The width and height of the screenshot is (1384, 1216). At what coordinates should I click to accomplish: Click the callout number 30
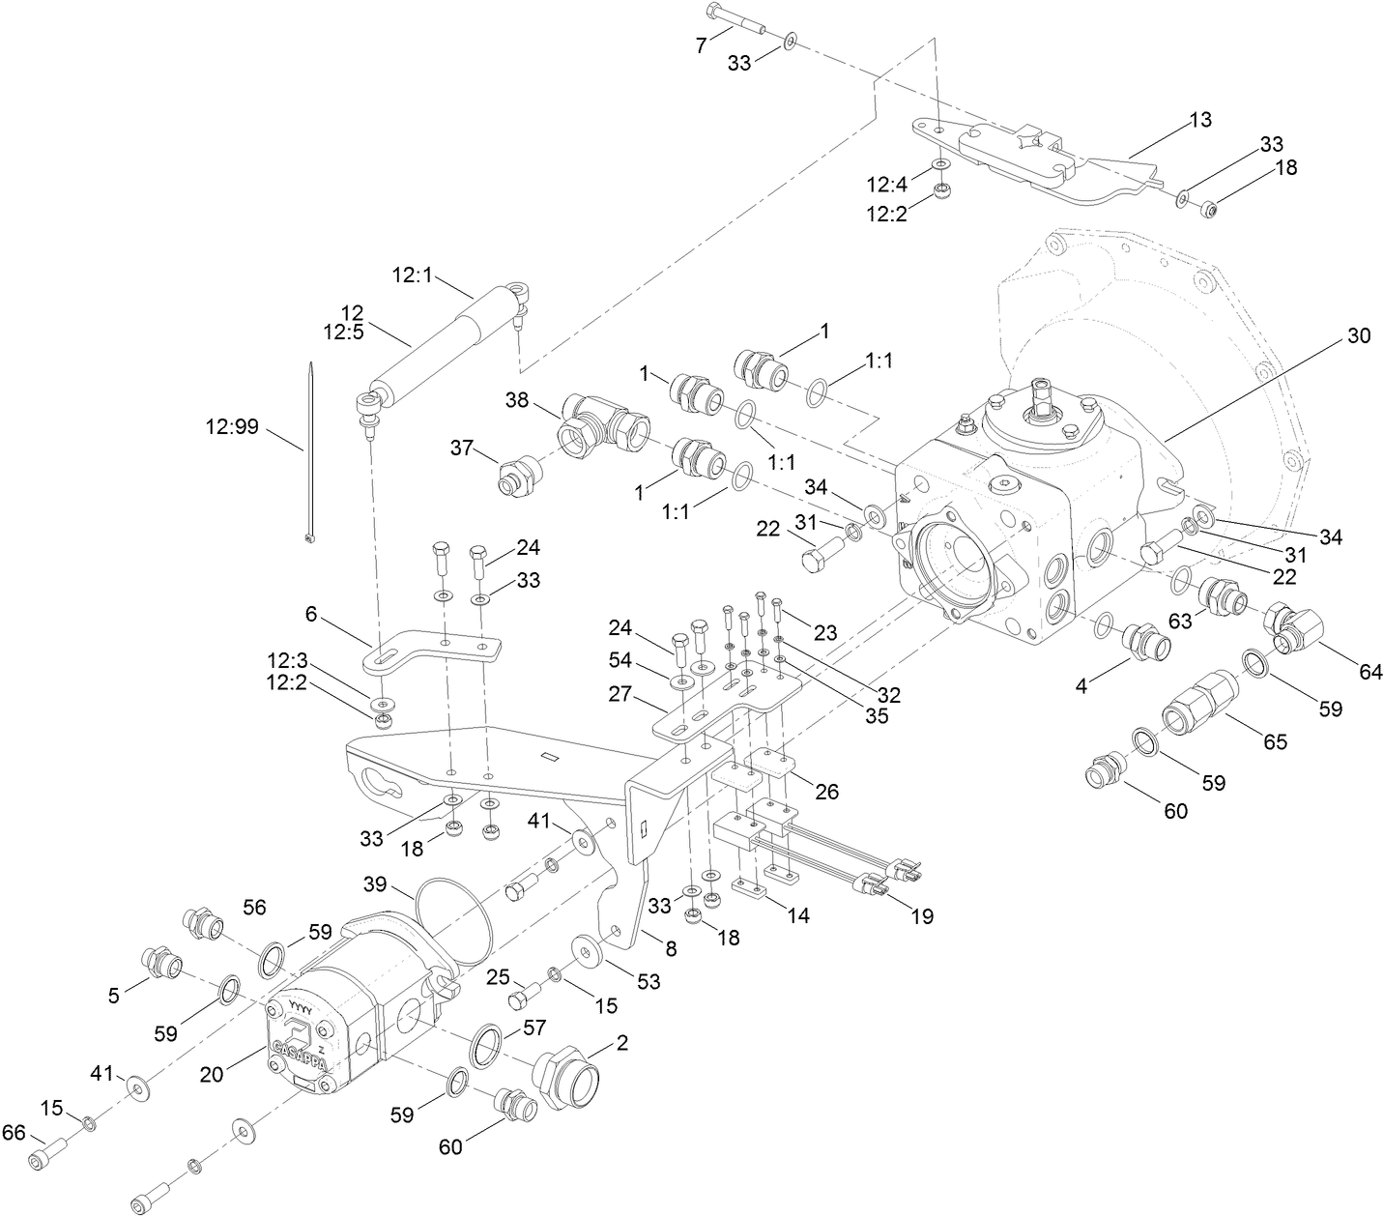coord(1358,335)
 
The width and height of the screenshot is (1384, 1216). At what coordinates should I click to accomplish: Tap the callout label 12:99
coord(231,425)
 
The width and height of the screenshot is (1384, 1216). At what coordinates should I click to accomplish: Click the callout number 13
coord(1199,120)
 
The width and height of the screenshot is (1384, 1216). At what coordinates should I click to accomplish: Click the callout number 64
coord(1370,672)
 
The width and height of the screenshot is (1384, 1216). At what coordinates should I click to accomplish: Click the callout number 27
coord(620,694)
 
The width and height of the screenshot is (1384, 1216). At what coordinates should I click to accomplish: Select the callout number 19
coord(922,914)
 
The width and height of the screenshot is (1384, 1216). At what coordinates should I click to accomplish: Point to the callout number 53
coord(648,981)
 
